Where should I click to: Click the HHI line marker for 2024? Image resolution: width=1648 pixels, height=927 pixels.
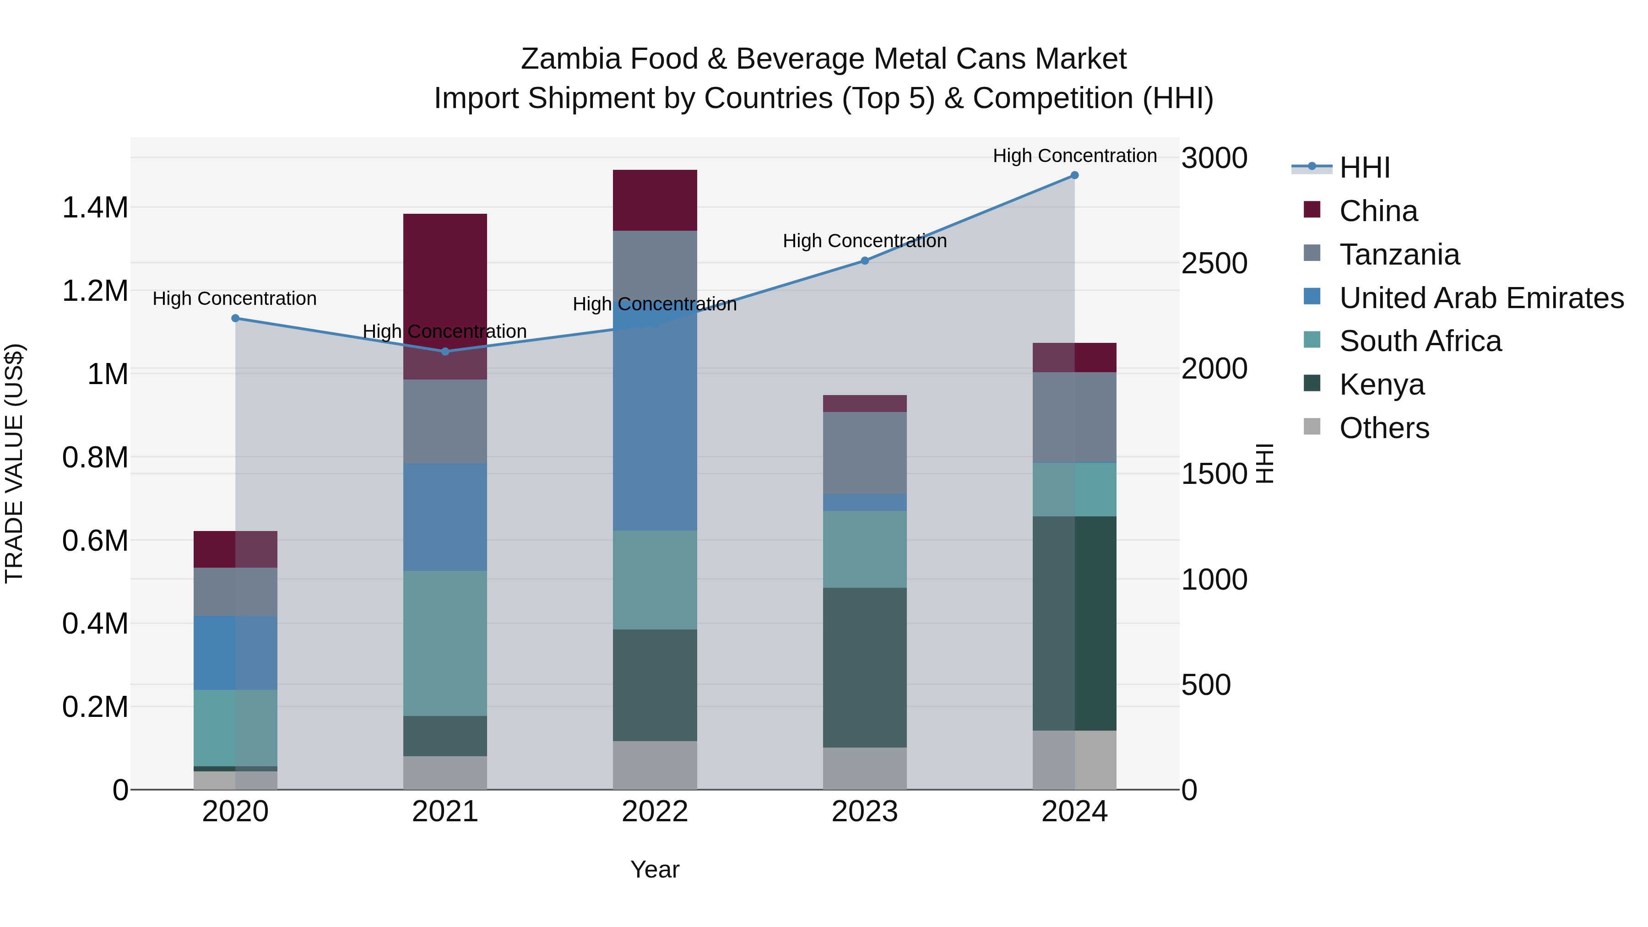pos(1074,175)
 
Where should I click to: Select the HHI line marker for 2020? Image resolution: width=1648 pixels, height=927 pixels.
pos(235,318)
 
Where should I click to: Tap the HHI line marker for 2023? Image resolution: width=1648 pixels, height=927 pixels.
pos(864,260)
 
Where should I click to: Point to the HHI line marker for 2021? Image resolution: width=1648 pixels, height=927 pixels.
pos(445,351)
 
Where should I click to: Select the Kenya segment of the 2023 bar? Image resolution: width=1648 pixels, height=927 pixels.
pos(864,667)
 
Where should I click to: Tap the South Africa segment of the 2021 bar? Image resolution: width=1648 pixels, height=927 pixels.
pos(445,643)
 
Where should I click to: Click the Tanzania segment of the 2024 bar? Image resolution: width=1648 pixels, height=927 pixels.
pos(1074,417)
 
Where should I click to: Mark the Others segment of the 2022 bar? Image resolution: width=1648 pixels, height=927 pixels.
pos(655,765)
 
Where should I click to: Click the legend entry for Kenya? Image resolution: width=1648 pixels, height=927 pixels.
pos(1382,385)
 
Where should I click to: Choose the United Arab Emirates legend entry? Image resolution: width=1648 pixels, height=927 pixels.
pos(1481,298)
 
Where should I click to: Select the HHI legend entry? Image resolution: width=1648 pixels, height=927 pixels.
pos(1364,168)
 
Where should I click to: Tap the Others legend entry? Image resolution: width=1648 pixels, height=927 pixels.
pos(1384,428)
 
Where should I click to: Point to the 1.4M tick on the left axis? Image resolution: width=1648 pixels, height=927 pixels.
pos(95,208)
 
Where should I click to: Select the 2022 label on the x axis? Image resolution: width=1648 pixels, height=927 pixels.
pos(655,812)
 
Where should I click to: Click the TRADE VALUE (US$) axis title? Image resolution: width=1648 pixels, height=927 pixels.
pos(14,463)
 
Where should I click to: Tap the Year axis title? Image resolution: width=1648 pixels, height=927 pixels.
pos(655,869)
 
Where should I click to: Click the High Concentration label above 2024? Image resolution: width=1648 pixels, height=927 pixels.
pos(1074,156)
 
